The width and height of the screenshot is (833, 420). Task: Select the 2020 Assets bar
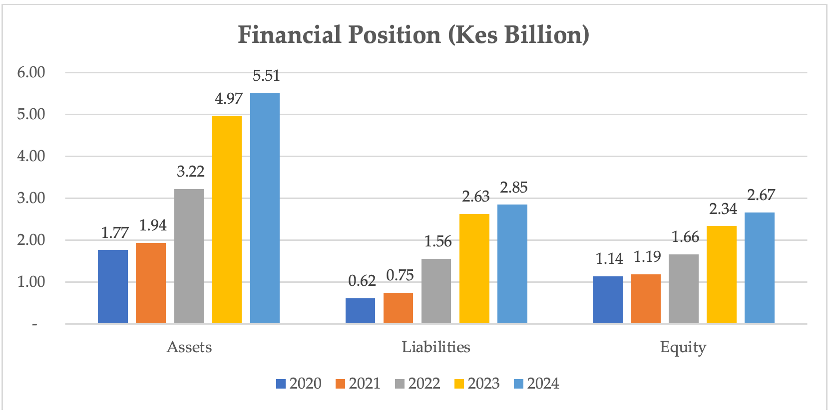tap(113, 286)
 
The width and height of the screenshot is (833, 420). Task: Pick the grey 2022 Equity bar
tap(683, 289)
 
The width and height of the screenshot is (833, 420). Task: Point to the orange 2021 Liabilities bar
tap(398, 308)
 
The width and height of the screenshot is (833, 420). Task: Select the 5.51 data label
tap(266, 76)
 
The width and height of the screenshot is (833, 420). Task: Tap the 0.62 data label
tap(362, 281)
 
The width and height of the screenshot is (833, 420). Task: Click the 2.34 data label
tap(723, 209)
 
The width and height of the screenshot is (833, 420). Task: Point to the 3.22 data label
tap(190, 172)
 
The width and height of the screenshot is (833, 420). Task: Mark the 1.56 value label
tap(437, 241)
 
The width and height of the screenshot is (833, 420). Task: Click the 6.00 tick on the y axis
tap(31, 72)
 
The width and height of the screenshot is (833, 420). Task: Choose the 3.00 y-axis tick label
tap(31, 198)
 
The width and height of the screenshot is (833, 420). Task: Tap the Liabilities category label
tap(436, 347)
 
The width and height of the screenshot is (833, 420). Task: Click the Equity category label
tap(683, 347)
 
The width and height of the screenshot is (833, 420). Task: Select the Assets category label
tap(189, 347)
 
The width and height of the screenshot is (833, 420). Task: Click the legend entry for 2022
tap(417, 384)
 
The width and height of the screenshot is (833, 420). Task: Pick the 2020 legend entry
tap(299, 384)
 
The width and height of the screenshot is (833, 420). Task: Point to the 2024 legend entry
tap(536, 384)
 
